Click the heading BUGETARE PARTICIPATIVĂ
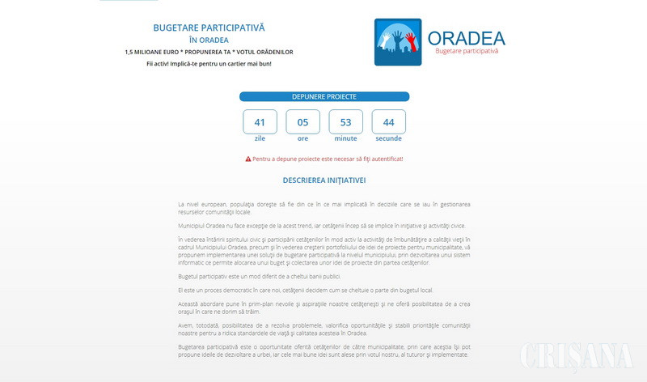(x=209, y=28)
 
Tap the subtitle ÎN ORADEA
(x=209, y=40)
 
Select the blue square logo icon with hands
(x=398, y=42)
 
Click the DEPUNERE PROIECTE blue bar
(x=323, y=96)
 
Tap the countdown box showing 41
(x=260, y=122)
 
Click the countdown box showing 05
(x=302, y=122)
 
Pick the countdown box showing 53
(x=345, y=122)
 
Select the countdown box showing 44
(x=388, y=122)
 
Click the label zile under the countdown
(x=260, y=138)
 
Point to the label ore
(x=302, y=138)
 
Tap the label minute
(x=345, y=138)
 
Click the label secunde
(x=388, y=138)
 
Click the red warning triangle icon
(x=247, y=159)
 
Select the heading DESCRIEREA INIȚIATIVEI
(x=323, y=180)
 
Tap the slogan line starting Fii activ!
(x=209, y=63)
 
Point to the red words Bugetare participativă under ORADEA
(x=467, y=52)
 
